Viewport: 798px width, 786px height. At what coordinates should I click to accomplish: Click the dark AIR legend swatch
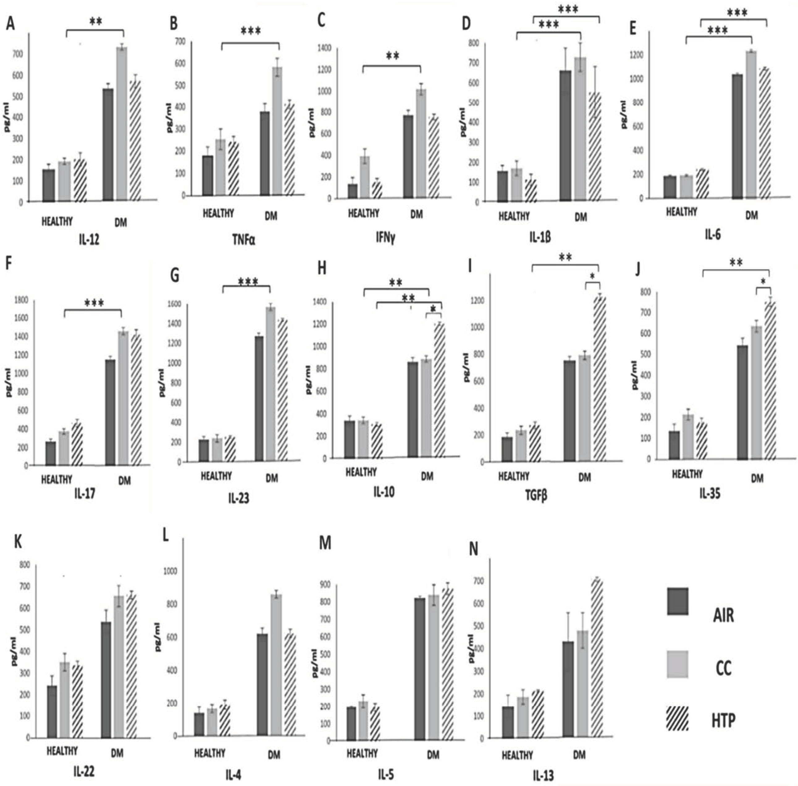coord(677,602)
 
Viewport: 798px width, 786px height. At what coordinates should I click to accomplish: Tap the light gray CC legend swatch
coord(677,664)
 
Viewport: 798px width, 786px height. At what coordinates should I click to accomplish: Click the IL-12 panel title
coord(89,240)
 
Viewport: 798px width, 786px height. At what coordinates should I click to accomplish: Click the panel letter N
coord(474,549)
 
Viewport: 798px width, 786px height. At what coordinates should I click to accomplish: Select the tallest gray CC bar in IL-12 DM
coord(121,124)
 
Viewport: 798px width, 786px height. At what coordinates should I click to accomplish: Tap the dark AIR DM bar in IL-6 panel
coord(737,136)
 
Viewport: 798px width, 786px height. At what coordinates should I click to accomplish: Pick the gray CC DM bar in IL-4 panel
coord(276,665)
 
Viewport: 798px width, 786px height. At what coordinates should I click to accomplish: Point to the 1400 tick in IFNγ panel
coord(324,48)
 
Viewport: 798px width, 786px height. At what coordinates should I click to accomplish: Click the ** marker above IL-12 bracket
coord(96,21)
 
